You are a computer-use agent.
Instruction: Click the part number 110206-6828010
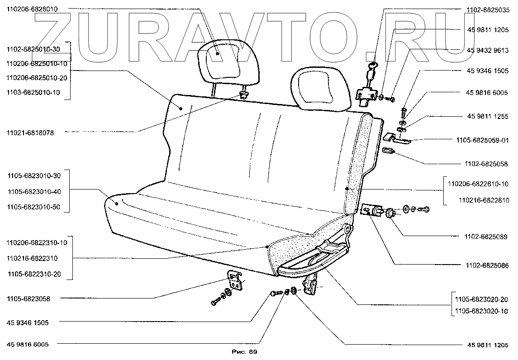32,9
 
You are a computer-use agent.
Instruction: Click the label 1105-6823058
29,298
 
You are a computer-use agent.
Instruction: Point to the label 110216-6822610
484,200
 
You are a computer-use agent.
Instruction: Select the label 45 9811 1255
488,116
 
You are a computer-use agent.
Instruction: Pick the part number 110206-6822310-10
37,242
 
